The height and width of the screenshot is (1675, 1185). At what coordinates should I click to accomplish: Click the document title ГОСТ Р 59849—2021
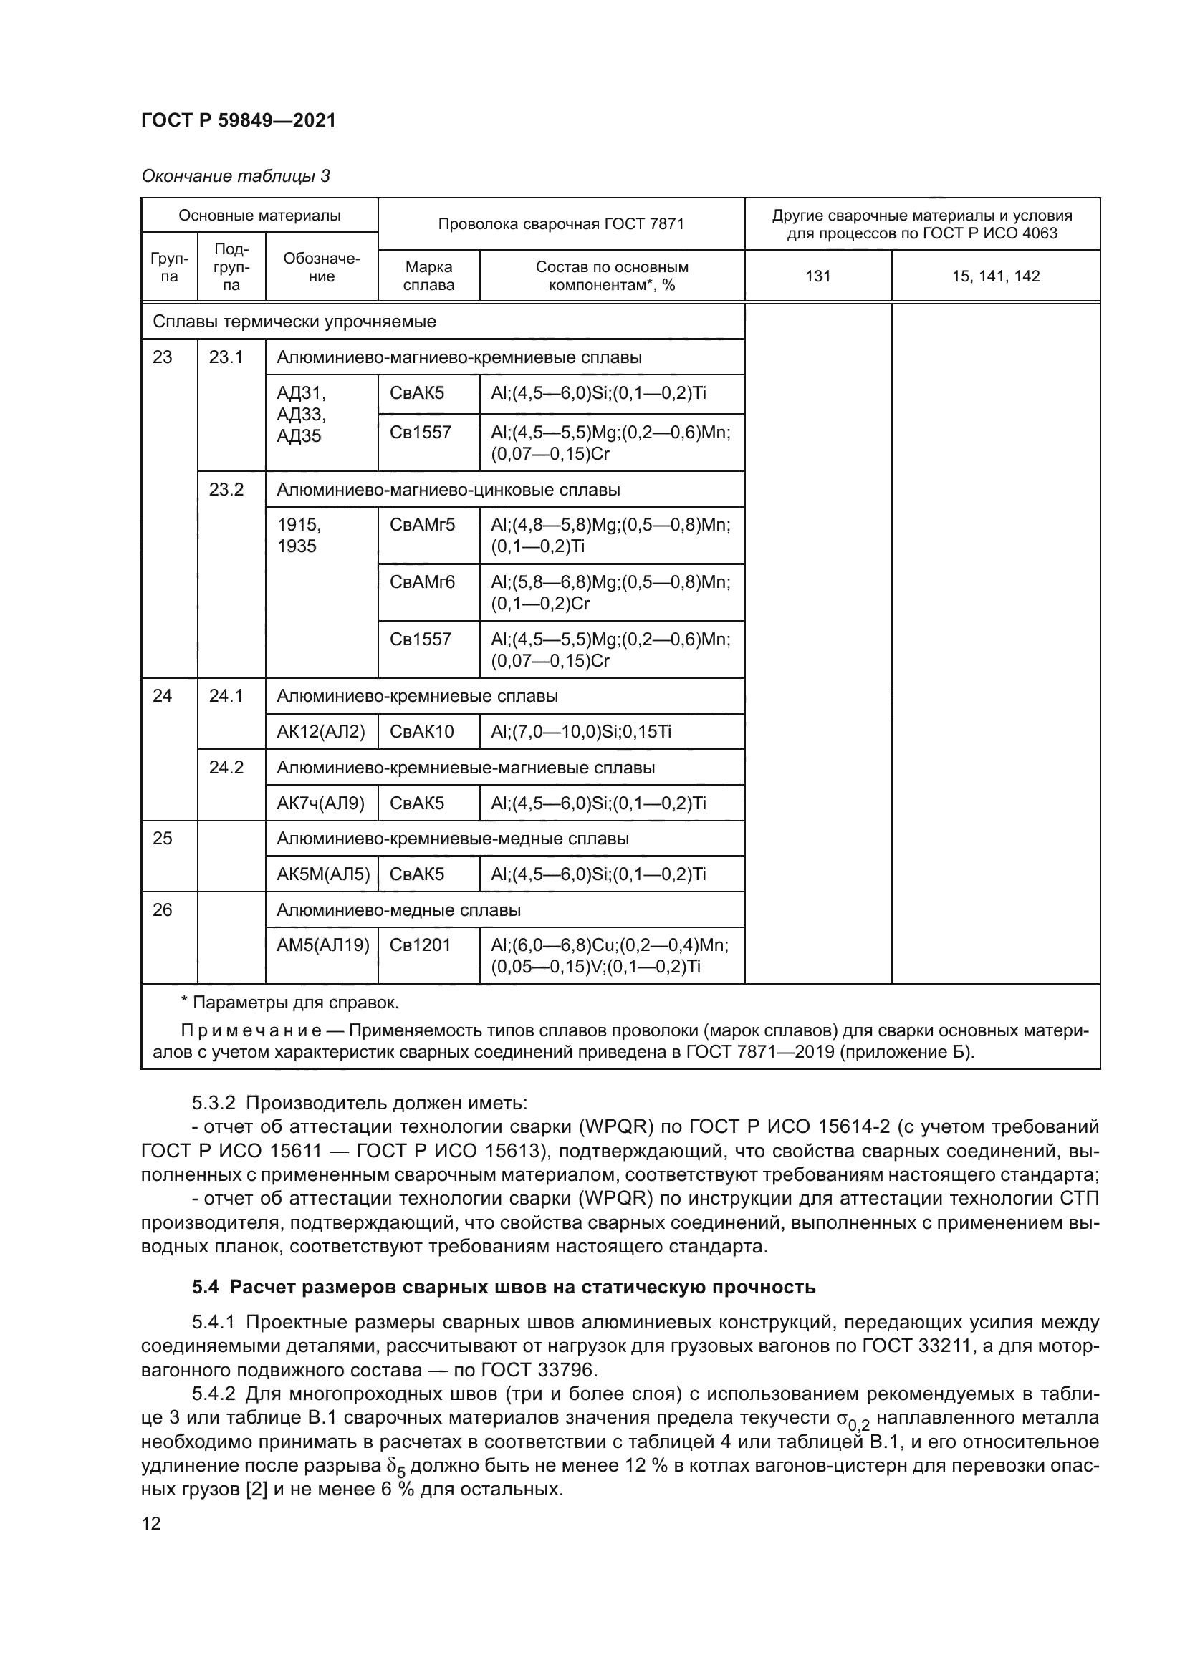point(238,120)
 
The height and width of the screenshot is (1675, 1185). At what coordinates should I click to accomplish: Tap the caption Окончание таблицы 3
point(235,176)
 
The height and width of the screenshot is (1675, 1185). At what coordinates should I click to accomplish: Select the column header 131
point(817,276)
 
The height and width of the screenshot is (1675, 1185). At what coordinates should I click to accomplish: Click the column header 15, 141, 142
point(995,276)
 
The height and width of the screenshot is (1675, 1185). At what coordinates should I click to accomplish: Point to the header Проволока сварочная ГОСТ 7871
point(560,224)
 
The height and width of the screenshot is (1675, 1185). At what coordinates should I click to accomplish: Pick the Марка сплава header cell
point(428,276)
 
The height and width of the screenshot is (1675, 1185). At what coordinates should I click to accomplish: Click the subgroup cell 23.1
point(226,357)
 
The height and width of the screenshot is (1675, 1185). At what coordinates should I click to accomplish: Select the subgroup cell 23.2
point(226,490)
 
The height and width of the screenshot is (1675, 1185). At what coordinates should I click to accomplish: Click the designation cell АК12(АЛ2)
point(320,731)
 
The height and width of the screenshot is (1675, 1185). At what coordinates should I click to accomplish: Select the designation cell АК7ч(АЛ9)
point(320,803)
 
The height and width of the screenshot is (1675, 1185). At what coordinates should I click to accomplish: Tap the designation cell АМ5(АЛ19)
point(322,945)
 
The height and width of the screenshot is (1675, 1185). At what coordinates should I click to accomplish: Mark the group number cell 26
point(162,909)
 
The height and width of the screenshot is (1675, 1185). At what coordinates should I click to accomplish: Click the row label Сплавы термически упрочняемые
point(294,322)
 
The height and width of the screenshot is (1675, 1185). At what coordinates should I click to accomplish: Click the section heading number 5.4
point(205,1287)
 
